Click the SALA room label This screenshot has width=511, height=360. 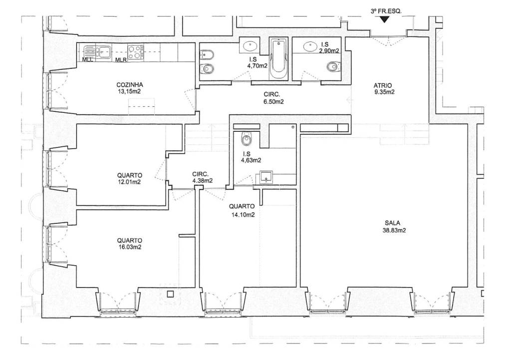pyautogui.click(x=392, y=223)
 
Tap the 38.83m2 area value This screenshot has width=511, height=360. pyautogui.click(x=394, y=231)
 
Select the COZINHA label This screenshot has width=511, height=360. pyautogui.click(x=130, y=85)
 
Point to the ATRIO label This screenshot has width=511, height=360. pyautogui.click(x=383, y=85)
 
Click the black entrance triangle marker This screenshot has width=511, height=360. pyautogui.click(x=385, y=19)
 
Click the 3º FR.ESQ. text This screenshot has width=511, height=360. pyautogui.click(x=386, y=11)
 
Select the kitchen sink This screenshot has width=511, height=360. pyautogui.click(x=98, y=52)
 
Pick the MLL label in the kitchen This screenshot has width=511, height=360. pyautogui.click(x=87, y=60)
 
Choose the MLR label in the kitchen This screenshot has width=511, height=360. pyautogui.click(x=121, y=60)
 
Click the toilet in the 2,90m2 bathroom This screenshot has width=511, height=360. pyautogui.click(x=333, y=66)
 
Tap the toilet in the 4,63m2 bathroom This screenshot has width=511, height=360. pyautogui.click(x=246, y=138)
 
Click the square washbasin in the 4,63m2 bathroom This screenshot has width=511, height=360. pyautogui.click(x=266, y=177)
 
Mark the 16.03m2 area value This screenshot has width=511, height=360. pyautogui.click(x=130, y=247)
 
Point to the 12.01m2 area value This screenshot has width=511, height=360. pyautogui.click(x=129, y=182)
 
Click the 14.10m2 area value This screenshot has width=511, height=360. pyautogui.click(x=242, y=215)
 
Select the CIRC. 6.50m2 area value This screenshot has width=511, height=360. pyautogui.click(x=274, y=102)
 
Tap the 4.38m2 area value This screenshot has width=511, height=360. pyautogui.click(x=203, y=180)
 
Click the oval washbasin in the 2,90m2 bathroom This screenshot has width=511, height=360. pyautogui.click(x=311, y=47)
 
